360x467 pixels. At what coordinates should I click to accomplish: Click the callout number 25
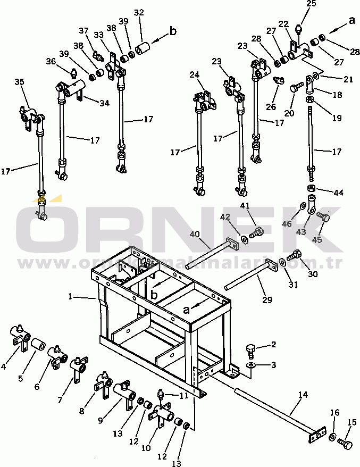coord(311,4)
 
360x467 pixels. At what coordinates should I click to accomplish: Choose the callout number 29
coord(267,300)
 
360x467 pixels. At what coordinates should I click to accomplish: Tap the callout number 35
coord(19,82)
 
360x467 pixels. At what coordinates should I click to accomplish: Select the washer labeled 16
coord(332,437)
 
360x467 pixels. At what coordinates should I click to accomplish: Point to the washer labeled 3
coord(250,366)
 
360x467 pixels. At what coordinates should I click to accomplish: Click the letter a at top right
coord(351,20)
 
